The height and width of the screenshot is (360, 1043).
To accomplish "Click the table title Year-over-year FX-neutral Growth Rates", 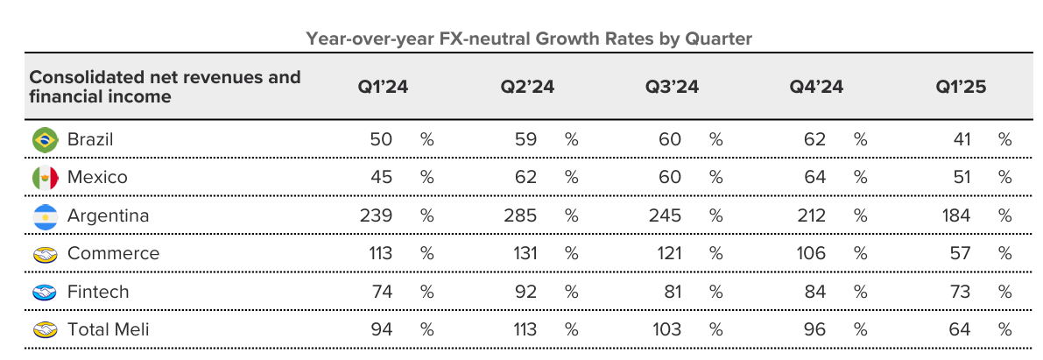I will click(528, 39).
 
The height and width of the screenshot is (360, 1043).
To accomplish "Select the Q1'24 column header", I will click(382, 88).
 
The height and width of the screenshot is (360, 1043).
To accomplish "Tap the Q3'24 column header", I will click(672, 88).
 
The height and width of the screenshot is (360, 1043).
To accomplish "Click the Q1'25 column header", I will click(961, 88).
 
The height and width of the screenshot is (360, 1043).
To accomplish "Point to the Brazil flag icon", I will click(45, 139).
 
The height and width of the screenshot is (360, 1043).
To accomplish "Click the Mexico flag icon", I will click(45, 178).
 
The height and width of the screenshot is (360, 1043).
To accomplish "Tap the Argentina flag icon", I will click(45, 216).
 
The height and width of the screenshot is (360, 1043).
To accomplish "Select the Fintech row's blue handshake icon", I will click(45, 293).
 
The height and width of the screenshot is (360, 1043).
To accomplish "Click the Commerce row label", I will click(113, 254).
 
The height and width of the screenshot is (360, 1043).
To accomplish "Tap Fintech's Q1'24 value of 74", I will click(382, 292).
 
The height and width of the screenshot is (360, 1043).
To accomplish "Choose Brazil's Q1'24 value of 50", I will click(382, 139).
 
